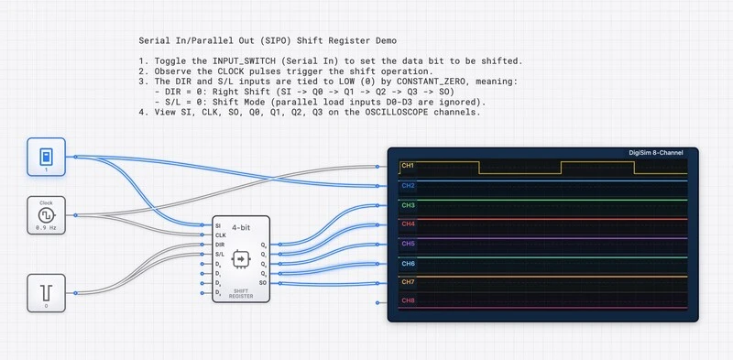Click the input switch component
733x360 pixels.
coord(45,156)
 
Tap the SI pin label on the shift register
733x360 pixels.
coord(217,225)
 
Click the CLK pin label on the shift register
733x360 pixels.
coord(219,235)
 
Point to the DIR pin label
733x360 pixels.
coord(219,245)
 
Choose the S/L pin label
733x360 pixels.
coord(219,254)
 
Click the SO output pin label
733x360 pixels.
coord(264,283)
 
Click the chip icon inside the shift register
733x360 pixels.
coord(241,259)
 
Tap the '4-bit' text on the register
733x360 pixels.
coord(242,226)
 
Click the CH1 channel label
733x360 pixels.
coord(408,167)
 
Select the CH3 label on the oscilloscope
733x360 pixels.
coord(408,205)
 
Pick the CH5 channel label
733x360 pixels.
coord(408,244)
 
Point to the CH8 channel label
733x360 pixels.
coord(408,300)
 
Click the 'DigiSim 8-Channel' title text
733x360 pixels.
coord(662,153)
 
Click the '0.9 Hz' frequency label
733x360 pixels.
coord(45,226)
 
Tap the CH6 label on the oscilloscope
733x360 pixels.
coord(408,263)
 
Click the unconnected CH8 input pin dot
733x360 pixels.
coord(377,300)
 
